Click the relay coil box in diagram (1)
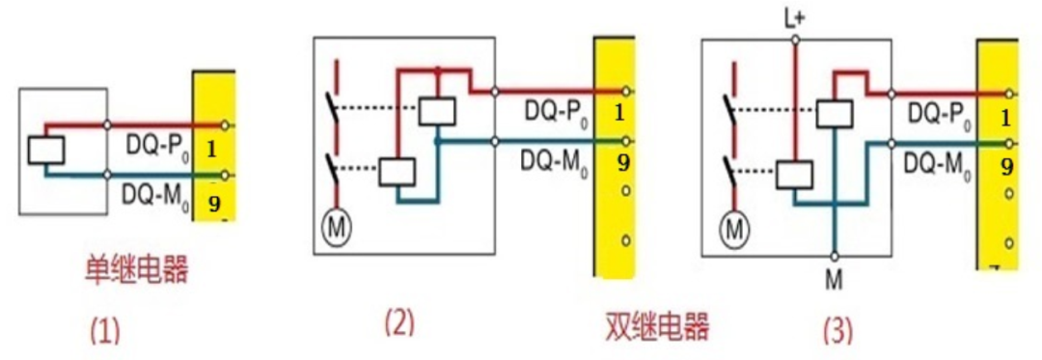pos(46,151)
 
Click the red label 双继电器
pos(656,326)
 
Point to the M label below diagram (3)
pos(835,280)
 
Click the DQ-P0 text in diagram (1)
pos(156,146)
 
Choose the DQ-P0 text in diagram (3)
pos(937,114)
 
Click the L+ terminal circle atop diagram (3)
pos(795,40)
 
